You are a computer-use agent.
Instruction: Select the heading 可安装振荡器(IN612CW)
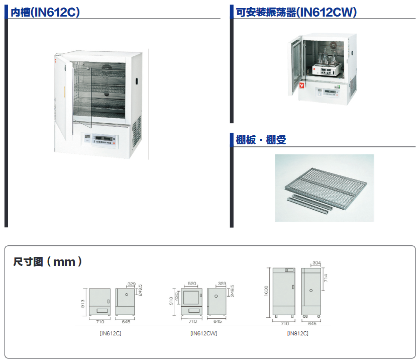tap(296, 13)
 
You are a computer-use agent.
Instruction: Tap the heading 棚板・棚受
tap(261, 140)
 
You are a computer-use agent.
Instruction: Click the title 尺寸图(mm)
tap(47, 262)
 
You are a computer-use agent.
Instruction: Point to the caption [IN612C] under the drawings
tap(111, 333)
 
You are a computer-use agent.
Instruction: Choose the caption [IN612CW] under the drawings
tap(203, 333)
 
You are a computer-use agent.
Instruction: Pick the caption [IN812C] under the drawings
tap(297, 333)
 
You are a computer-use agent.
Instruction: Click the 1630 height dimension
tap(266, 291)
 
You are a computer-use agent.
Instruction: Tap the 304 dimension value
tap(316, 263)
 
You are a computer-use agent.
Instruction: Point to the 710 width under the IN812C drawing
tap(285, 324)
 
